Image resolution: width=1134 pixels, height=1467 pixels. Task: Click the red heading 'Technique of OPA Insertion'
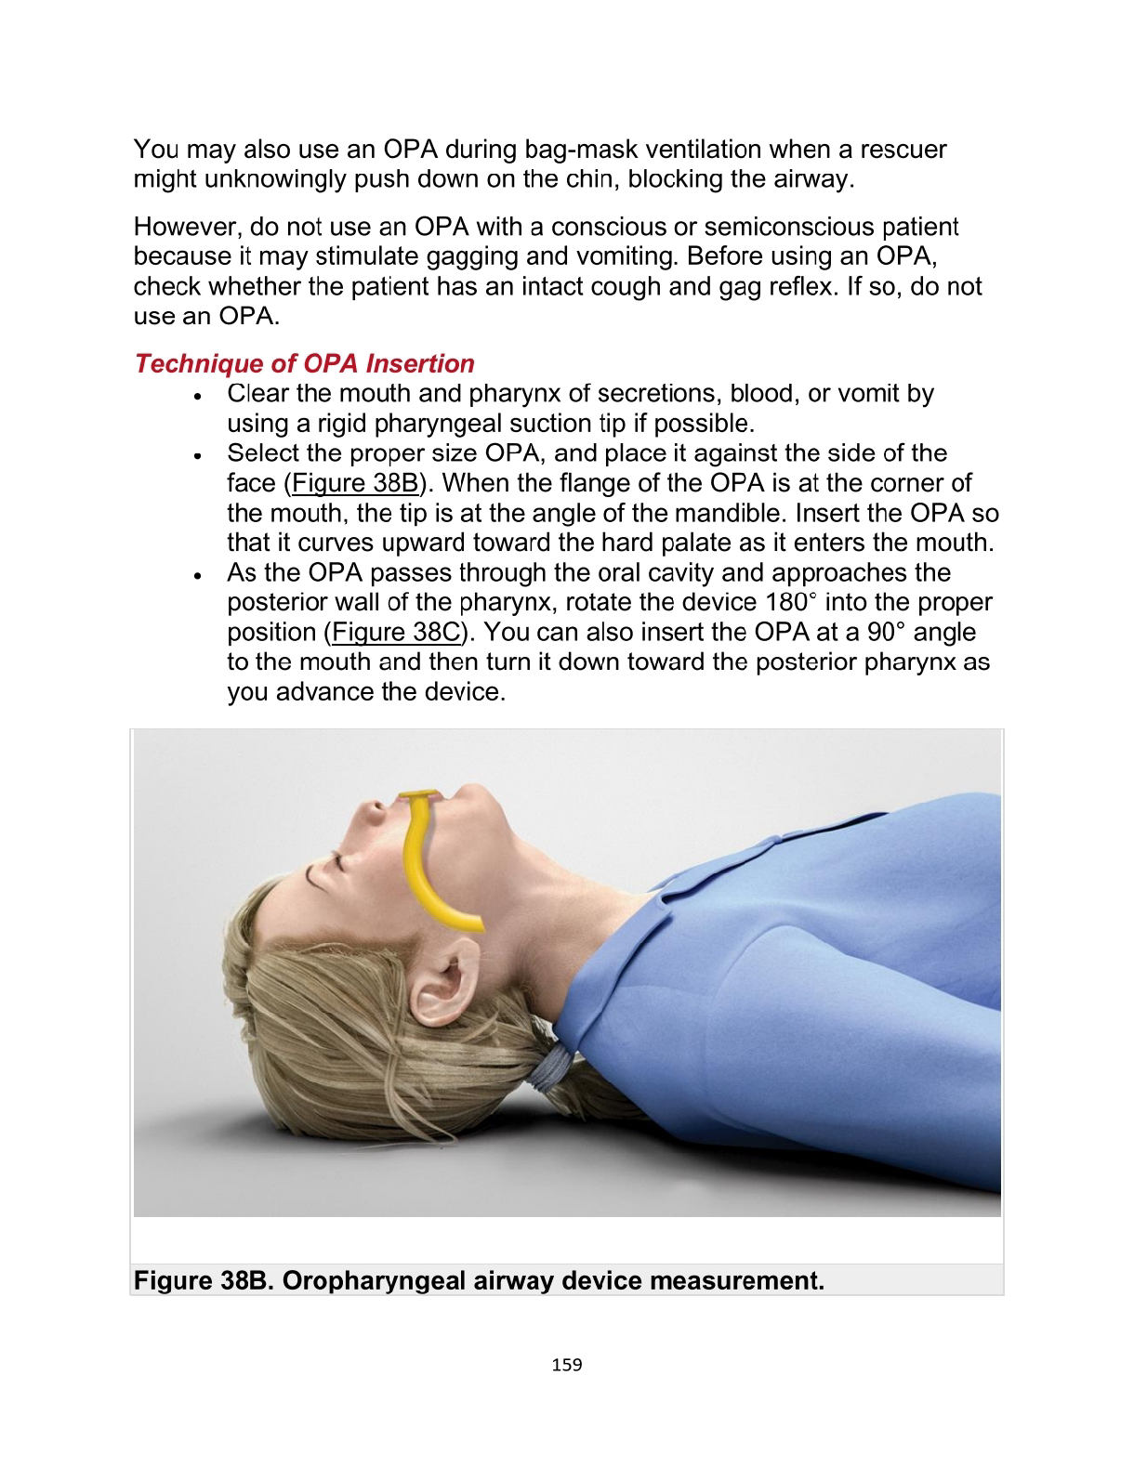[x=304, y=363]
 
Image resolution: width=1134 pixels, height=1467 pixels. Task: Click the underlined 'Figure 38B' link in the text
[x=354, y=483]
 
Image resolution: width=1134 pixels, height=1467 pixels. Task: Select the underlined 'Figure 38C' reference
[x=396, y=633]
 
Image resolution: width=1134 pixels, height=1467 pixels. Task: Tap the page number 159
[x=566, y=1364]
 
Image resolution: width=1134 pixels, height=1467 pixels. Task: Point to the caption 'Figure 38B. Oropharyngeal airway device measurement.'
[x=479, y=1280]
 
